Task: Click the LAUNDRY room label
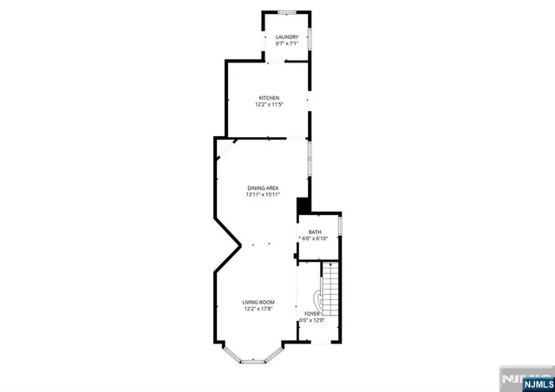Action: click(x=287, y=36)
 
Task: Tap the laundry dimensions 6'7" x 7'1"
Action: click(x=287, y=43)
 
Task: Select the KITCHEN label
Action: click(x=269, y=97)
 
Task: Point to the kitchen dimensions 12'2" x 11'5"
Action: click(x=269, y=105)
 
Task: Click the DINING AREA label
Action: click(x=263, y=187)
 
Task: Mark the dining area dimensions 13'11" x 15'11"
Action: click(x=263, y=194)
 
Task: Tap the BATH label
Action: click(x=315, y=232)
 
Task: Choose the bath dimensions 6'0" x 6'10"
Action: click(x=315, y=238)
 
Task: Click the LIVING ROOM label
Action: click(x=258, y=302)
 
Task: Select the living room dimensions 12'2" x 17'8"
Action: click(x=258, y=309)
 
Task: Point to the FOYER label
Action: click(x=312, y=313)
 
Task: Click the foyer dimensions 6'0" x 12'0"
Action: click(x=312, y=320)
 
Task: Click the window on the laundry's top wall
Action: click(x=287, y=12)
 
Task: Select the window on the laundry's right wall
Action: click(x=310, y=40)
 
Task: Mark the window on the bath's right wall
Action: click(x=342, y=226)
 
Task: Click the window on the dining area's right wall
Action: click(x=310, y=160)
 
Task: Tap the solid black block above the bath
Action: click(x=303, y=206)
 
